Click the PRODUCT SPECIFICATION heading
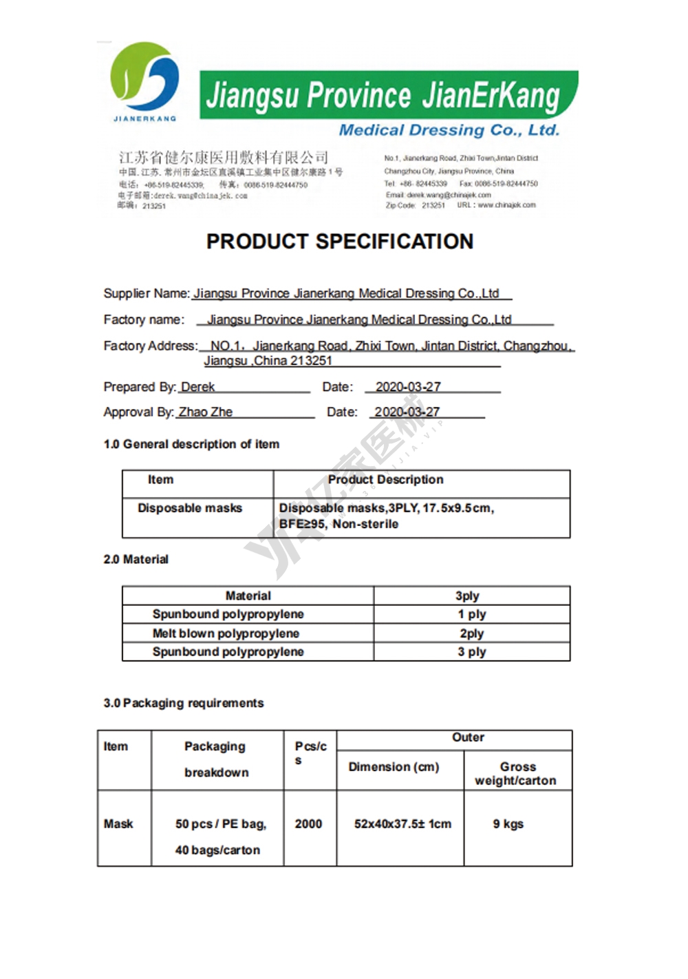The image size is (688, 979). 340,242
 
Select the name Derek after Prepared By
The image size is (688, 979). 197,387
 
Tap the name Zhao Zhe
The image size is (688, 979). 205,412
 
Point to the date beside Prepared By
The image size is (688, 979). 408,387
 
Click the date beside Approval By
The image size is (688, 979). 407,412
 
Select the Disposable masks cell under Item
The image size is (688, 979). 190,508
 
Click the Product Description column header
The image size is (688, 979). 385,480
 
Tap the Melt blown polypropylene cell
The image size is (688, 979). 226,633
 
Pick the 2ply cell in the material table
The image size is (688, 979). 471,633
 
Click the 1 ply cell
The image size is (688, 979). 471,614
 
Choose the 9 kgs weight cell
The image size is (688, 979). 508,824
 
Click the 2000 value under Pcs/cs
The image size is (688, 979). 308,824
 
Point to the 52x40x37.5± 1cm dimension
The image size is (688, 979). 402,824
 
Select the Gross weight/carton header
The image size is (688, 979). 516,773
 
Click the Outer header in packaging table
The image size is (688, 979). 468,737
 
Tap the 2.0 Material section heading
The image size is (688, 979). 136,559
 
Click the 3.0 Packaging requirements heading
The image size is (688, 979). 184,703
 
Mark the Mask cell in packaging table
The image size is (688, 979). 118,824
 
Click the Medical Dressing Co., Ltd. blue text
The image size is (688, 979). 449,130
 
